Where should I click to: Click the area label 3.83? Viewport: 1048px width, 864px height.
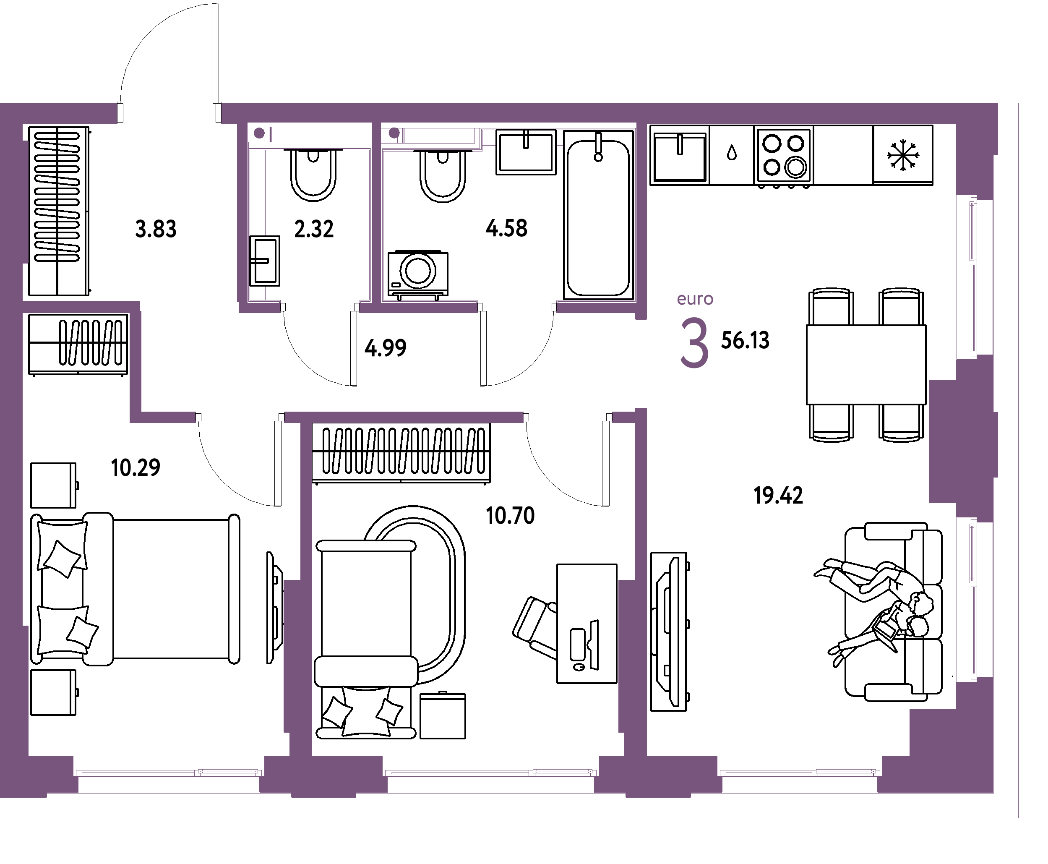point(156,230)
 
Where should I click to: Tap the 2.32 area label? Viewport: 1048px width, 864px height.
point(314,229)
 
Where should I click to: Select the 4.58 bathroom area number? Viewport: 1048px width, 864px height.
point(506,228)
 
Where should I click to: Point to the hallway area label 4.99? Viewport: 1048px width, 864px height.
point(386,348)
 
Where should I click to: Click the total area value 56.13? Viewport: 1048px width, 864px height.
point(746,340)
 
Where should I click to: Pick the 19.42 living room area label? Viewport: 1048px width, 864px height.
point(778,496)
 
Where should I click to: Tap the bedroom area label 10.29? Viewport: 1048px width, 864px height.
point(136,468)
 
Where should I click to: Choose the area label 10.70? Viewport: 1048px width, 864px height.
point(511,516)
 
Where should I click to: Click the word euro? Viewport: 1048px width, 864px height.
point(695,299)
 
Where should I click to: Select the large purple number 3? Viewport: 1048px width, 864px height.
point(694,343)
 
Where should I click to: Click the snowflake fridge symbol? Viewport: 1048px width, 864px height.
point(903,155)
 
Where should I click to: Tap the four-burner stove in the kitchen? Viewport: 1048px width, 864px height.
point(784,156)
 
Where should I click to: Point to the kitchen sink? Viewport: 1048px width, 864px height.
point(680,155)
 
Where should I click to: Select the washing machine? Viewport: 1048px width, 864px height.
point(418,275)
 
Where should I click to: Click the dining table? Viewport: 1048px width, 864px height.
point(866,365)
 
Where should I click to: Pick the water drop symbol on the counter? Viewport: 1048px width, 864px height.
point(732,153)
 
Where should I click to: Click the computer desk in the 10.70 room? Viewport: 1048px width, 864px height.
point(587,624)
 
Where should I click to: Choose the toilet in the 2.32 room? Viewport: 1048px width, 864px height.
point(313,174)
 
